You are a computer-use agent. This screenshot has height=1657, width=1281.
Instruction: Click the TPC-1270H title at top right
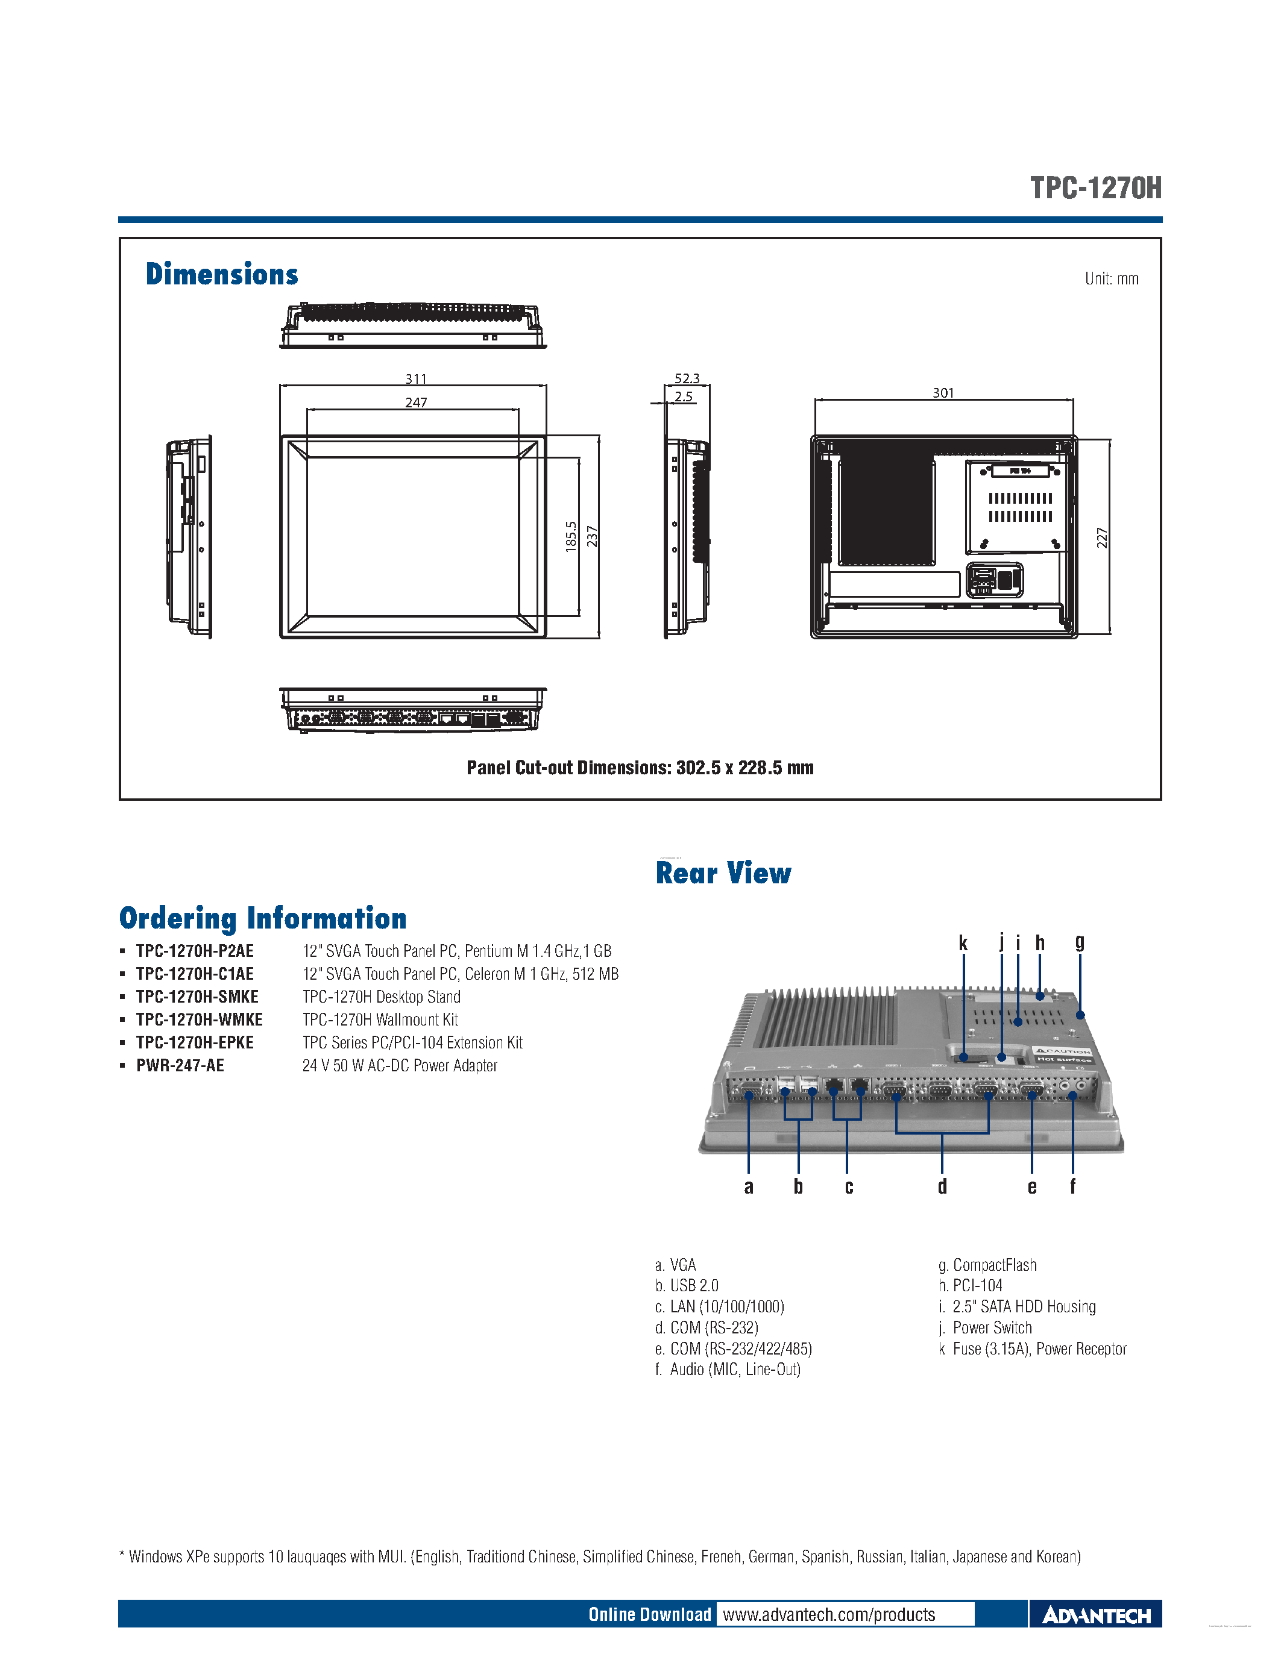[1095, 187]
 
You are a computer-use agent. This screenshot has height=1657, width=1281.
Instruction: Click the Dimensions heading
[222, 274]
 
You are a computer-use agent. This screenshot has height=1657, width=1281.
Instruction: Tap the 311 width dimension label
[415, 378]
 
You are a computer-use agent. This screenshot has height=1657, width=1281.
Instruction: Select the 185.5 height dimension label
[571, 536]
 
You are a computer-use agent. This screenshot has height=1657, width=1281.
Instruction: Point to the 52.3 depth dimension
[687, 378]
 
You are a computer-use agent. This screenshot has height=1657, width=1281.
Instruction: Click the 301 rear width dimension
[943, 392]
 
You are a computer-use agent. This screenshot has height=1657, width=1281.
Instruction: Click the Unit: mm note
[1111, 278]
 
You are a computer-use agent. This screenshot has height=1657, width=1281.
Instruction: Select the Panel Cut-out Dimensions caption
[640, 768]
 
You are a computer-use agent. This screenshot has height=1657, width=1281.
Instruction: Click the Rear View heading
[723, 873]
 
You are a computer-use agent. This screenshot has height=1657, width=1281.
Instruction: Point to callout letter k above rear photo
[963, 943]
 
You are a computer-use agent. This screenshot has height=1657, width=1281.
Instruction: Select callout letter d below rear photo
[942, 1186]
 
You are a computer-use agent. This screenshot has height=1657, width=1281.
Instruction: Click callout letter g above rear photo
[1079, 943]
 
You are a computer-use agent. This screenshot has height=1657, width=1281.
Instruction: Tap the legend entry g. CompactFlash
[987, 1265]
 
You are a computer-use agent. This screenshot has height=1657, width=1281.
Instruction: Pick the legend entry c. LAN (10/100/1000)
[719, 1306]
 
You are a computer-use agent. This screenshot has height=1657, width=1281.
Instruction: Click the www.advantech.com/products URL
[829, 1614]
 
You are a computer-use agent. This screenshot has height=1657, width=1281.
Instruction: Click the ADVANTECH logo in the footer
[1096, 1615]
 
